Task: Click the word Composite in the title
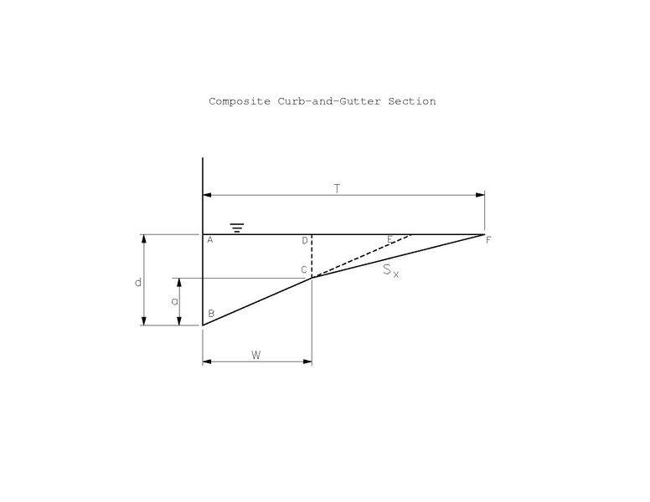click(240, 101)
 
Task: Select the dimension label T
click(337, 188)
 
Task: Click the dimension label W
click(256, 355)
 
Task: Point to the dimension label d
click(138, 283)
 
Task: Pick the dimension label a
click(174, 301)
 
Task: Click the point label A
click(210, 241)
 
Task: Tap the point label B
click(211, 314)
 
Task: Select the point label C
click(305, 269)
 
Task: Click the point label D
click(305, 241)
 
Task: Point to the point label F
click(488, 241)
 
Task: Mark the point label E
click(389, 240)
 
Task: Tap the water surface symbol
click(237, 228)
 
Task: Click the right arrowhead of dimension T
click(480, 195)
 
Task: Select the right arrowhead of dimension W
click(307, 362)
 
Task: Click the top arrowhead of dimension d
click(145, 239)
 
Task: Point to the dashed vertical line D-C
click(312, 255)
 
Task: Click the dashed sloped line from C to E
click(360, 256)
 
